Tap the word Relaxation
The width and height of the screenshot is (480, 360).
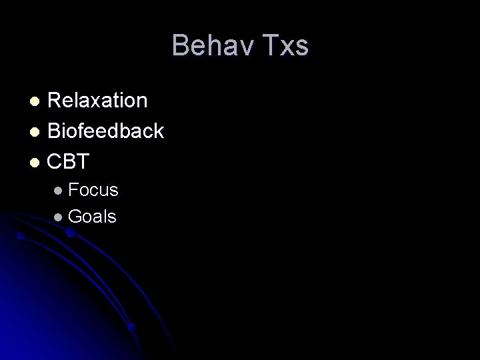[x=98, y=101]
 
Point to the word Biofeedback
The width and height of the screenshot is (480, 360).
[x=106, y=131]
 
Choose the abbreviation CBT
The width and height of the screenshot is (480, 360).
[x=69, y=162]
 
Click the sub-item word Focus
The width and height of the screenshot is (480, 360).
[x=93, y=190]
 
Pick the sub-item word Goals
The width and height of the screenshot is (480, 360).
[x=92, y=217]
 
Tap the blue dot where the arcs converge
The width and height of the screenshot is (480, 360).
[x=132, y=327]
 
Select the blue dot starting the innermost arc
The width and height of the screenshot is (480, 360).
[x=21, y=235]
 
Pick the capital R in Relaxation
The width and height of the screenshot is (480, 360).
[x=56, y=101]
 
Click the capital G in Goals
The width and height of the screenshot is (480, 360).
[x=75, y=217]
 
